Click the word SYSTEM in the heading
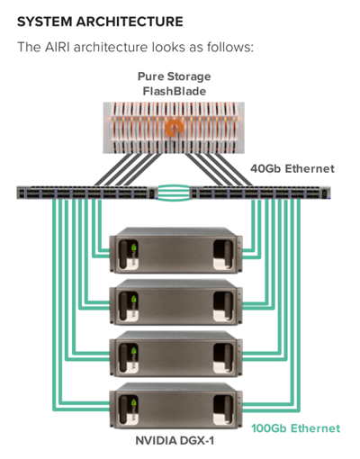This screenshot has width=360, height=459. pos(44,22)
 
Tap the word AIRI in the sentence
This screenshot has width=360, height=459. pos(57,47)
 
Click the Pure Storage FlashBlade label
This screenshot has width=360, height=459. pos(175,84)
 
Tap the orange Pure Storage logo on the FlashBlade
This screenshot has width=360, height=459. pos(174,128)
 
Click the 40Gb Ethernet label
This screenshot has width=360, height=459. pos(292,168)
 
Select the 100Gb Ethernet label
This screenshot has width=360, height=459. pos(296,428)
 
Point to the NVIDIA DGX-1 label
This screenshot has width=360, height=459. pos(175,441)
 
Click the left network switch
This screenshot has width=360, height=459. pos(86,193)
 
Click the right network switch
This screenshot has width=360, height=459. pos(261,193)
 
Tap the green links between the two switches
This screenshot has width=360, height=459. pos(174,193)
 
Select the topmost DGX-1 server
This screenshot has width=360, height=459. pos(175,250)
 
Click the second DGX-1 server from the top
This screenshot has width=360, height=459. pos(175,302)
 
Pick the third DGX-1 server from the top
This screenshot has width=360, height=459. pos(175,354)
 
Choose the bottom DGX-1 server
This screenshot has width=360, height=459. pos(175,406)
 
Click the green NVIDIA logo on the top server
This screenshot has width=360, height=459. pos(134,248)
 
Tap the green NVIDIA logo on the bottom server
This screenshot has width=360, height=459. pos(134,403)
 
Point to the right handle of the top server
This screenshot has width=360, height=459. pos(223,254)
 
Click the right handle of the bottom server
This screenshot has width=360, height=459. pos(223,409)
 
